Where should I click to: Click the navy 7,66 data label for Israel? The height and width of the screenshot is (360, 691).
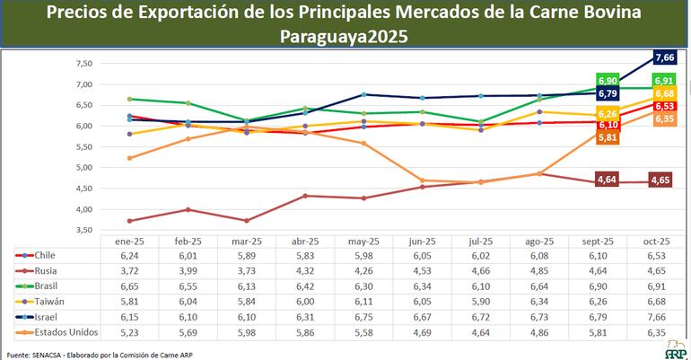665,57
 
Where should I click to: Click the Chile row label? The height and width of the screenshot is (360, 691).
47,255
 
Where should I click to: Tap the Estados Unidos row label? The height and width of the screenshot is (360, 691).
66,332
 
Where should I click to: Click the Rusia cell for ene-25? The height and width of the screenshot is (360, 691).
129,270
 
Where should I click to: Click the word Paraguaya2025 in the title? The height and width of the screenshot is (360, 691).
344,37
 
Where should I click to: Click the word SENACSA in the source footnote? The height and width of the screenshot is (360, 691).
41,353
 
